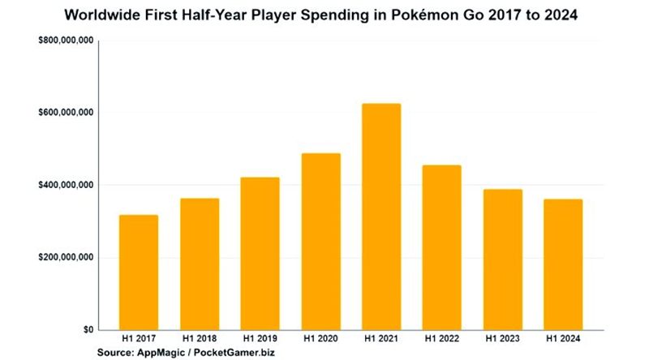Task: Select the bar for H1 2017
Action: pos(138,272)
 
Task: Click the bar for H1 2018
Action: pos(199,264)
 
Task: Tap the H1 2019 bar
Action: pos(260,254)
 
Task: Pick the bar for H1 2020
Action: pos(320,242)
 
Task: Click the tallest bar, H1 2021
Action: pos(380,216)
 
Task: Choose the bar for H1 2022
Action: pos(441,247)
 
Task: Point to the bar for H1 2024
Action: pos(562,264)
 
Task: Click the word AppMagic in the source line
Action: pos(165,354)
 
